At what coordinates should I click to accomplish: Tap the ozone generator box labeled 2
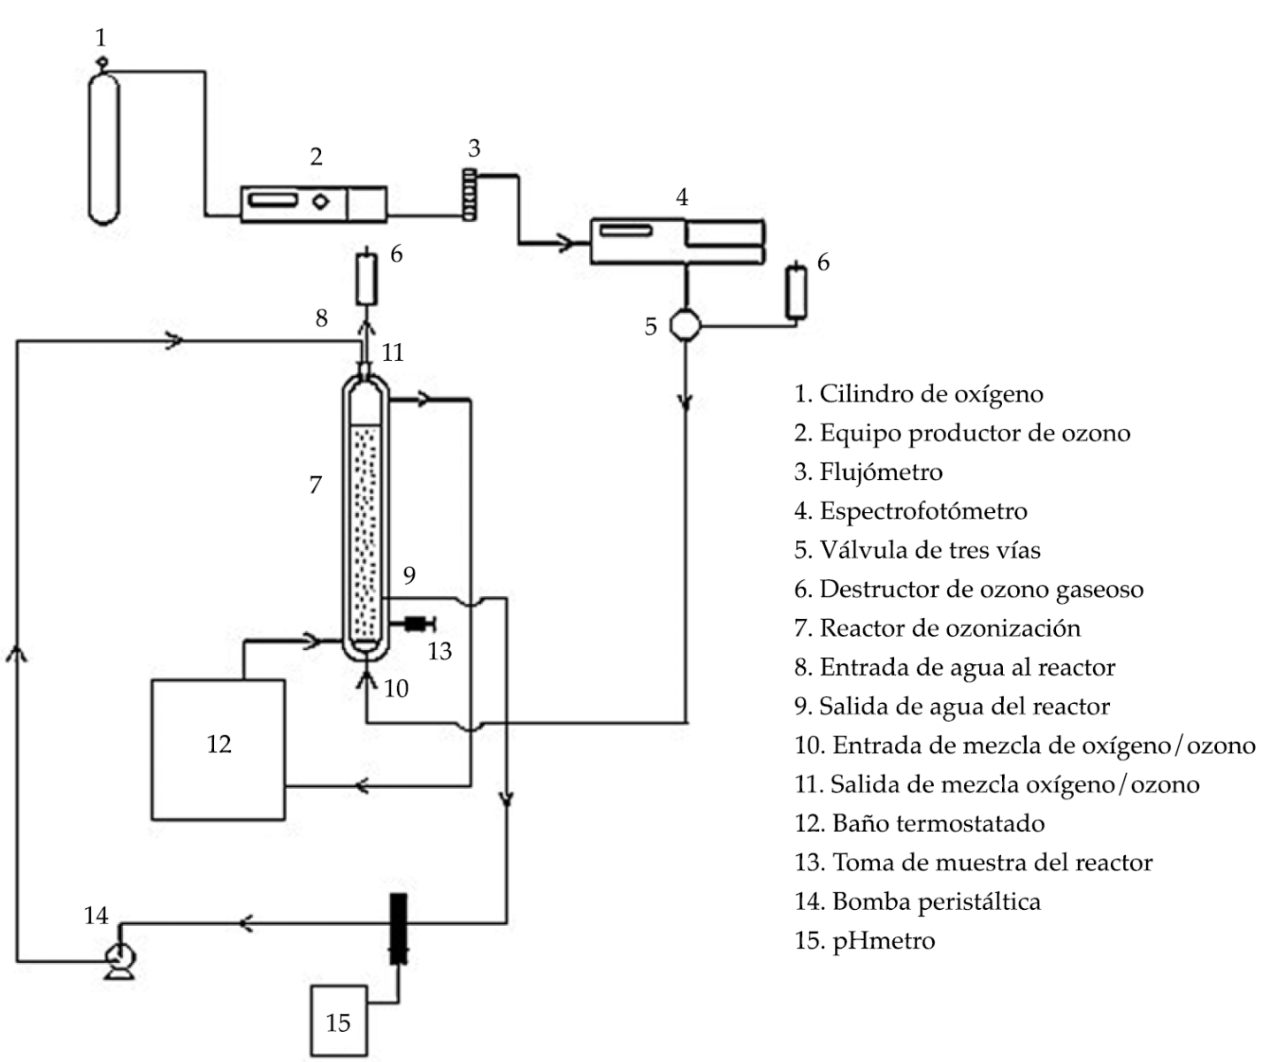pos(313,204)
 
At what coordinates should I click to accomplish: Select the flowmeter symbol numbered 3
pos(470,195)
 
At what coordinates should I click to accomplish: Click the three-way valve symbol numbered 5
pos(685,325)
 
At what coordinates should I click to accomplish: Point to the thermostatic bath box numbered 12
pos(218,749)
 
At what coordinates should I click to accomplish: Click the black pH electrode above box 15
pos(398,928)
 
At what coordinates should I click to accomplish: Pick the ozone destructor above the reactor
pos(366,278)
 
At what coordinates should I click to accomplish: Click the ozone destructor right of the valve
pos(796,292)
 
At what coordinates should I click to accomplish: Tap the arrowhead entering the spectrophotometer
pos(564,243)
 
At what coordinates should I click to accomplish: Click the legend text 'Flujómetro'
pos(882,472)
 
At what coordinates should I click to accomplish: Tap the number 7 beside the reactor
pos(315,485)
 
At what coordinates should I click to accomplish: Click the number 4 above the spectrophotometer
pos(682,196)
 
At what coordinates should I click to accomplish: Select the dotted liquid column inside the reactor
pos(365,532)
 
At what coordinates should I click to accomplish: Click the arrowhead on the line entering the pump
pos(245,923)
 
